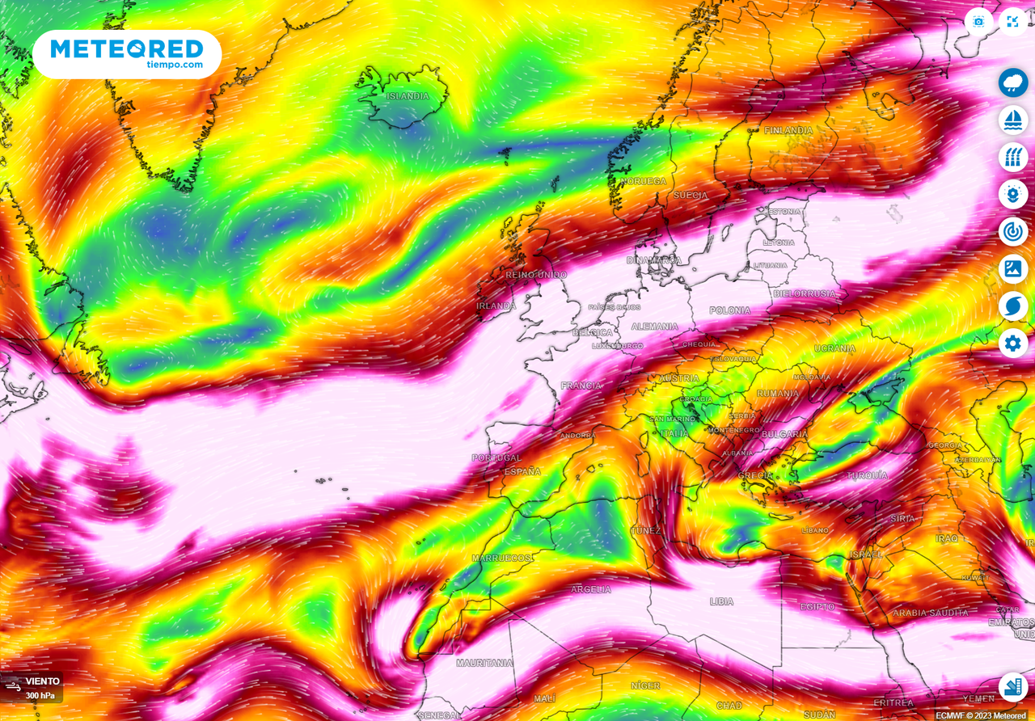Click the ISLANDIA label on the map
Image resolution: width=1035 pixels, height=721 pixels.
(408, 96)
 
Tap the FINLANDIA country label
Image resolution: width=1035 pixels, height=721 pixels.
(788, 130)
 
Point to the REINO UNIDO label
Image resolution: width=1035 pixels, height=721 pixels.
(536, 275)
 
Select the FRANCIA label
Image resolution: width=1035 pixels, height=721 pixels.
(581, 386)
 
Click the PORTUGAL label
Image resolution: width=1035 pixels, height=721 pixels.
(496, 458)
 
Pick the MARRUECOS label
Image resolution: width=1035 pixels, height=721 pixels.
(502, 559)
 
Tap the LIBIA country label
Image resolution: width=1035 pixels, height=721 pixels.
(721, 601)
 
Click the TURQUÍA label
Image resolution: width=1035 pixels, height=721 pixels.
(867, 475)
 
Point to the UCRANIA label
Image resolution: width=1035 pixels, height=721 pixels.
(834, 348)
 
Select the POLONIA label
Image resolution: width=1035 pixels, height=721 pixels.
(729, 310)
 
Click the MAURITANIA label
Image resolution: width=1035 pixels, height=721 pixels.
(484, 663)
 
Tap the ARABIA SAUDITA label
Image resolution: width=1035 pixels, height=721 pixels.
(930, 613)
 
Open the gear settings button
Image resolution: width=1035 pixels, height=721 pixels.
(1013, 344)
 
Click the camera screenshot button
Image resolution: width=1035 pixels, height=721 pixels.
(978, 22)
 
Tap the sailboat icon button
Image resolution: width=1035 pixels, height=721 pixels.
(1013, 120)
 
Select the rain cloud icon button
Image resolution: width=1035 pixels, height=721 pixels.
(1013, 82)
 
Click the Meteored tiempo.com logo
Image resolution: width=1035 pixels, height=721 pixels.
(127, 54)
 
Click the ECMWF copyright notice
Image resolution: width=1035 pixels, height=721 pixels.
(983, 715)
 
